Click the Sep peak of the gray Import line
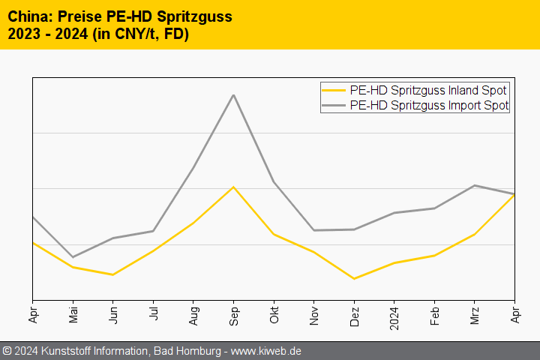233,95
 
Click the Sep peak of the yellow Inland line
233,187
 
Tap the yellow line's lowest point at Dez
354,279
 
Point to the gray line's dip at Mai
73,257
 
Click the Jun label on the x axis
113,314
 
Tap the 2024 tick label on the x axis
394,317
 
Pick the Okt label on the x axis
274,314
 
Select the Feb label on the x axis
434,314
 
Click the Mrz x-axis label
475,314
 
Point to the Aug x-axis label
193,314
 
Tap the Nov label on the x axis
314,314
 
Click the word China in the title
28,16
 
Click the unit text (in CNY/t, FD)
141,34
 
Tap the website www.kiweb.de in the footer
266,351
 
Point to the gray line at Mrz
475,185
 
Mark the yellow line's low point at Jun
113,274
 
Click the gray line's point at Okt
274,181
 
